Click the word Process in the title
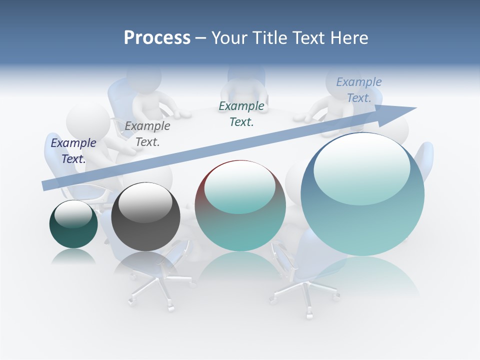pos(157,38)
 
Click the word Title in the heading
pos(269,38)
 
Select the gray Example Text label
pos(147,134)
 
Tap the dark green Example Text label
pos(241,114)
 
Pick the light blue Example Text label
pos(359,90)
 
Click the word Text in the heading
pos(309,38)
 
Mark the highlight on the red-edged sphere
pos(239,187)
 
